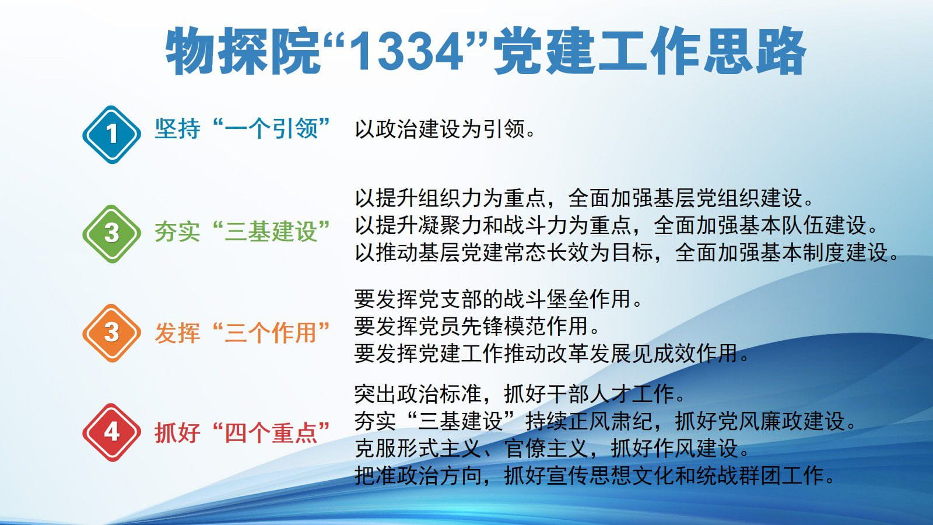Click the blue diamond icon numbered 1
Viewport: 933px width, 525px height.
(111, 134)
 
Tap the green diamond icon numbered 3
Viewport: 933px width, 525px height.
(111, 233)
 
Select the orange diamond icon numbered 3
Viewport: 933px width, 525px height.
(111, 333)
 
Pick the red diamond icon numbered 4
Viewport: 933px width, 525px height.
(111, 432)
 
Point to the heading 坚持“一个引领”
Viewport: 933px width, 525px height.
(243, 128)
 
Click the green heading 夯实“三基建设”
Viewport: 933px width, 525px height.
(243, 232)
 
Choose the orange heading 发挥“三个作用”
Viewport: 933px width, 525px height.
(243, 333)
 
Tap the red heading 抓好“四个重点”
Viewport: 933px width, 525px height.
(243, 432)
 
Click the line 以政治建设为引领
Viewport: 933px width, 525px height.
(445, 129)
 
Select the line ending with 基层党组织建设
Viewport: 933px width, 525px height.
(584, 198)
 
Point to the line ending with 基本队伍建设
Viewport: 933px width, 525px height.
(616, 225)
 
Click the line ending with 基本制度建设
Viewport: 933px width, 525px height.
(627, 253)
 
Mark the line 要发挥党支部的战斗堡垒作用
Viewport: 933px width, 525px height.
(498, 299)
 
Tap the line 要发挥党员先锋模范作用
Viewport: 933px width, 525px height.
(477, 326)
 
